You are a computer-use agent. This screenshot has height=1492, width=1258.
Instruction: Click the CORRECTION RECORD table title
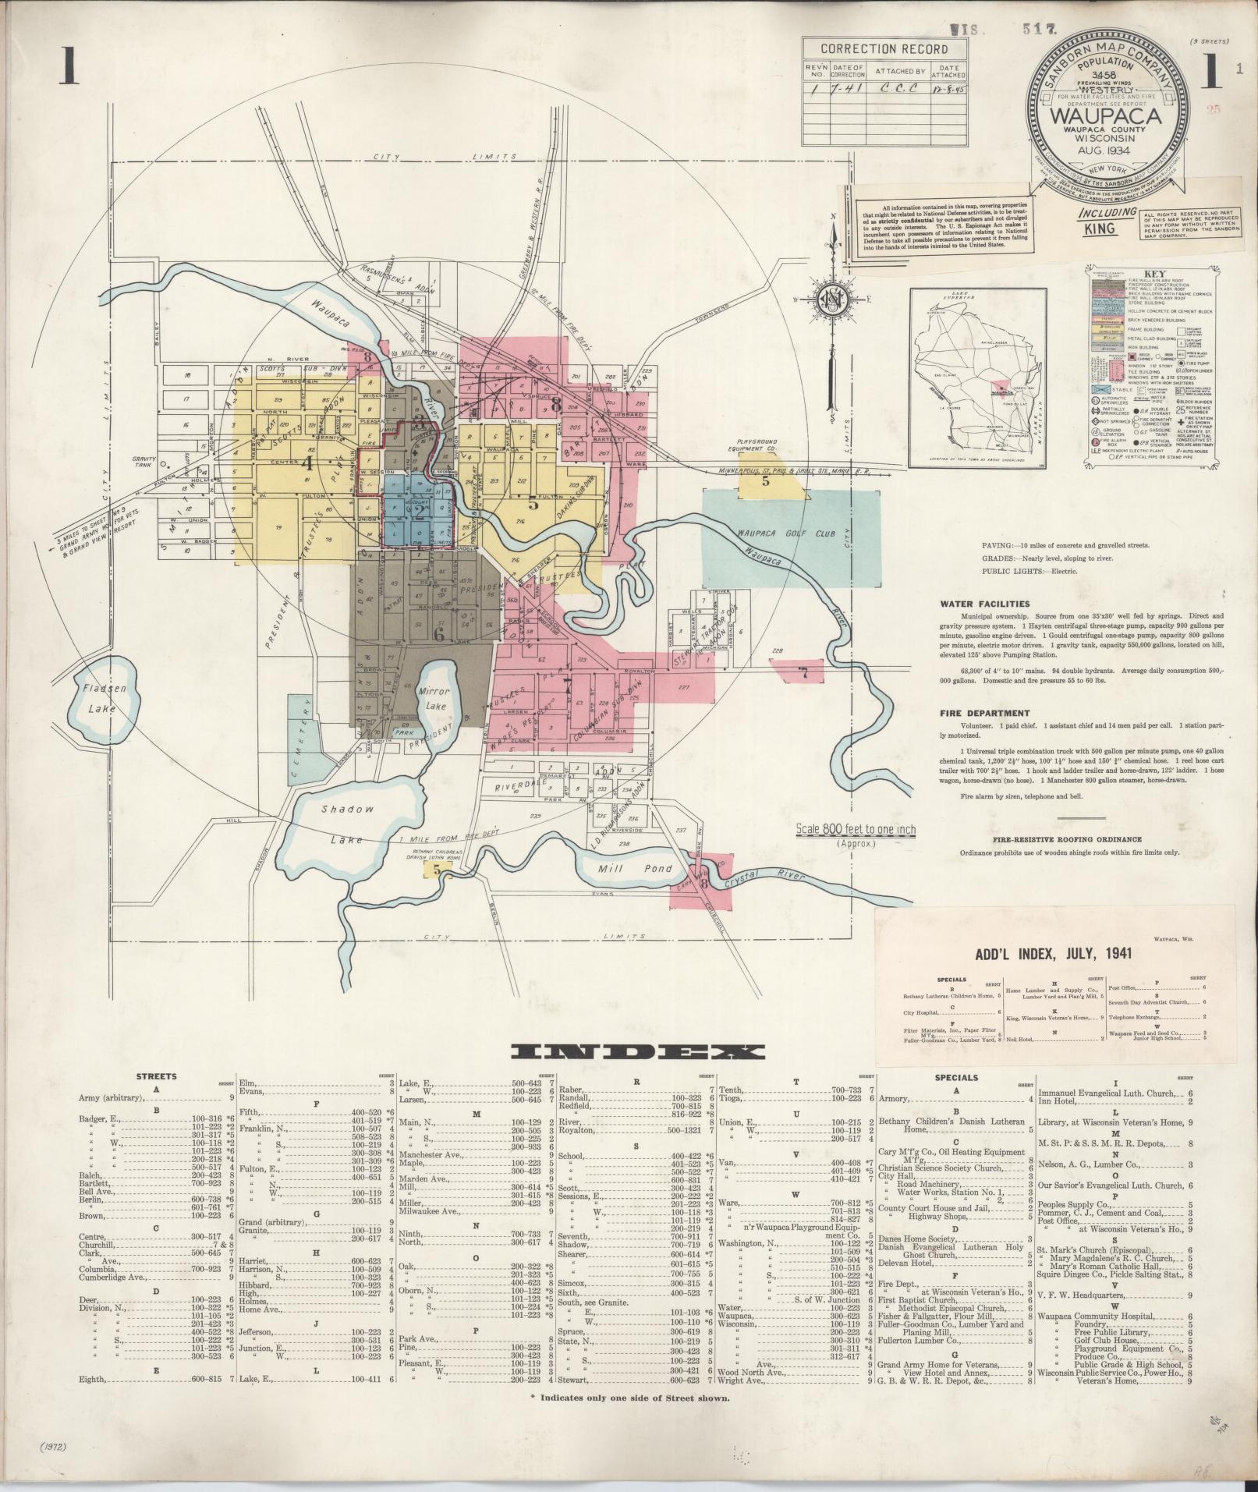coord(884,48)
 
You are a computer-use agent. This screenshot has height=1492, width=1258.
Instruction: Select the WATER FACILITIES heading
coord(983,603)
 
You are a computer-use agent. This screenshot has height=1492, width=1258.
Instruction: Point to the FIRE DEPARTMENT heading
coord(984,713)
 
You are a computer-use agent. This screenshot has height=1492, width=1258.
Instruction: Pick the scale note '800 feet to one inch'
coord(856,829)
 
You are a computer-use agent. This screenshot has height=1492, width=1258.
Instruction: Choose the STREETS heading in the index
coord(156,1076)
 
